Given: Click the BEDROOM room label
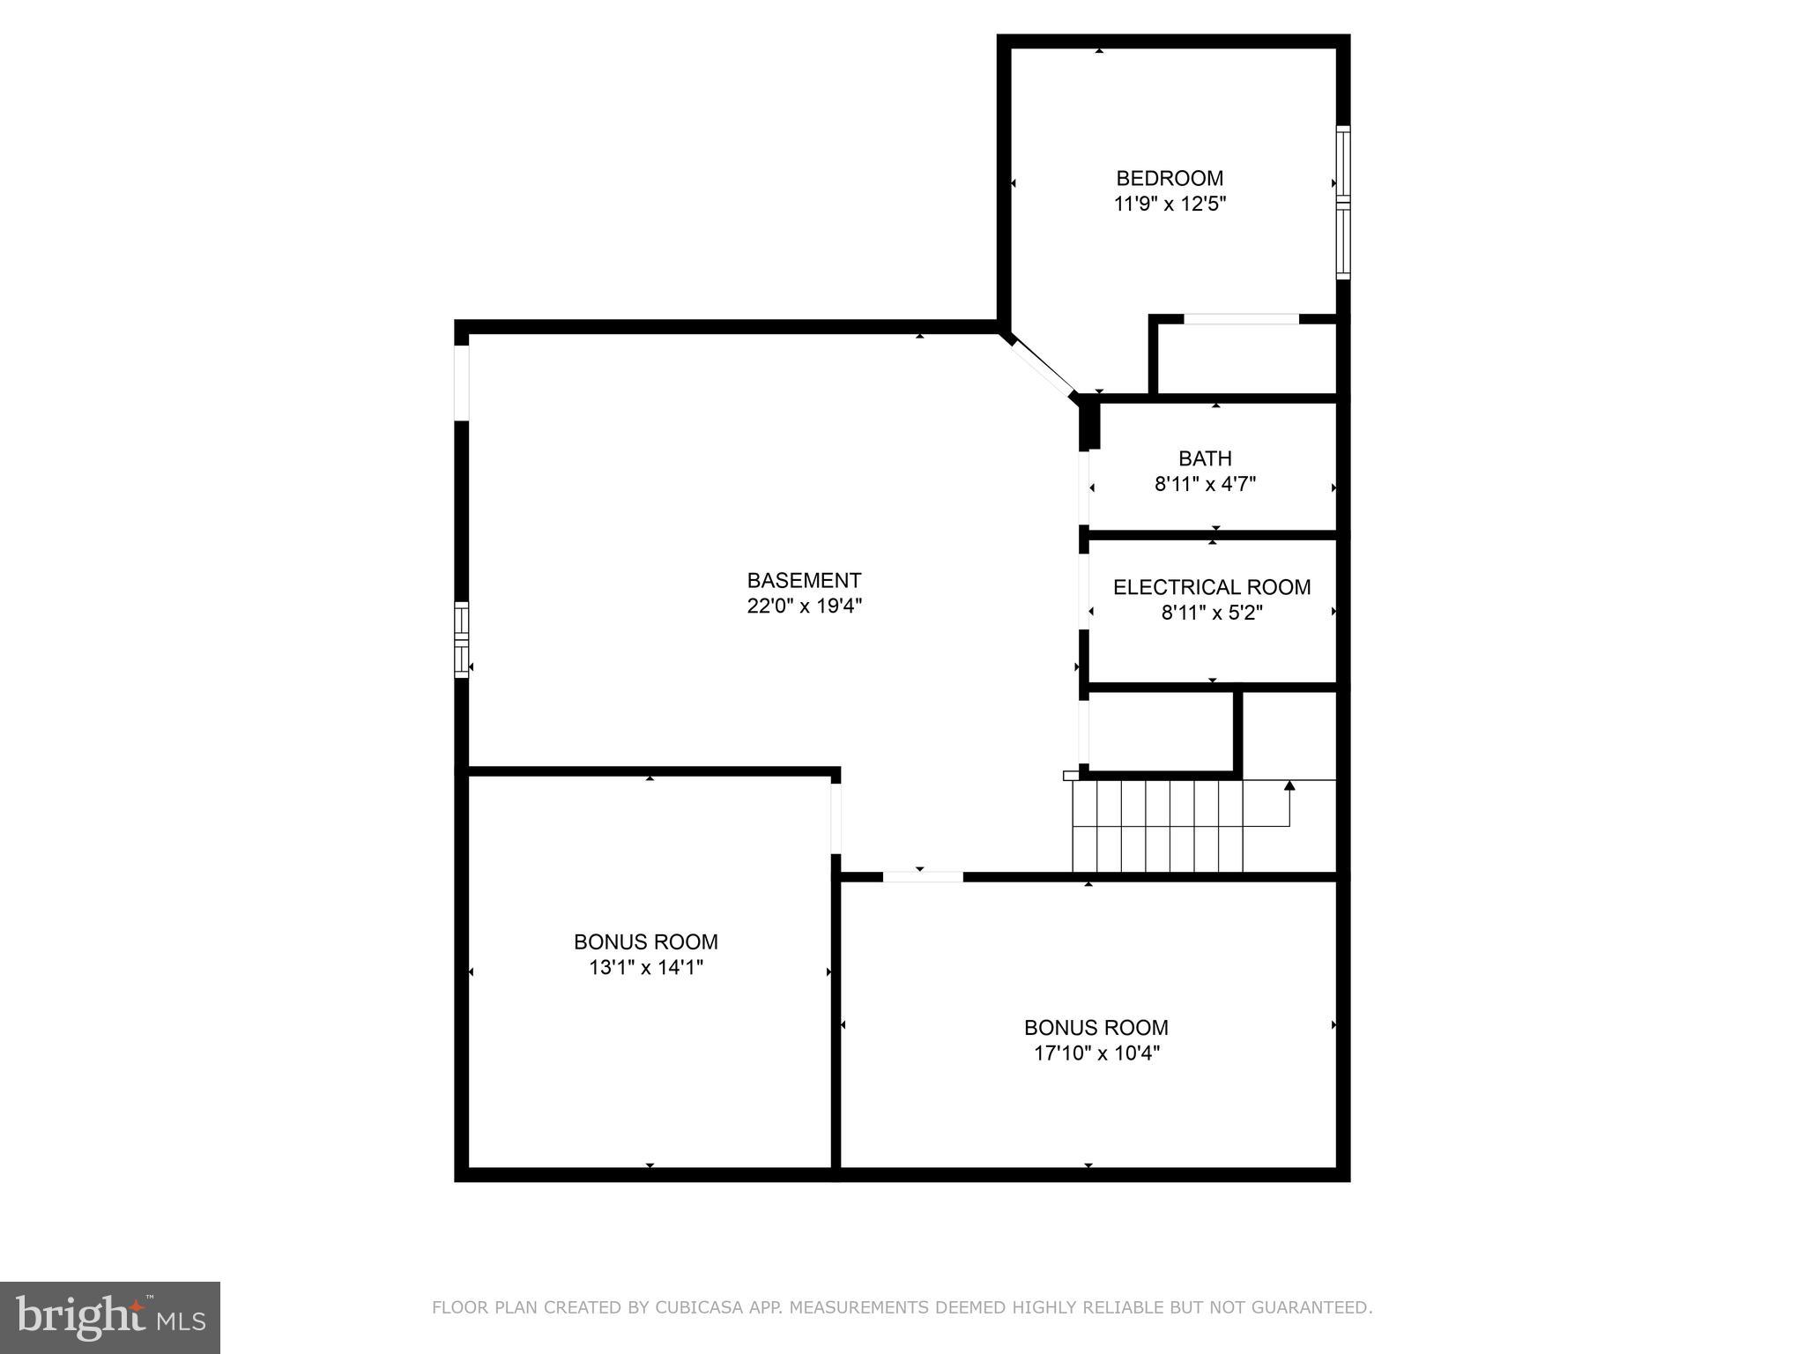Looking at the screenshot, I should tap(1170, 179).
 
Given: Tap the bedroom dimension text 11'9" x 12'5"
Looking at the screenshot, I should tap(1170, 205).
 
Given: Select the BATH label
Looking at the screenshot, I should tap(1205, 458).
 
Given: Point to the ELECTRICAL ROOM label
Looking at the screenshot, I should tap(1212, 587).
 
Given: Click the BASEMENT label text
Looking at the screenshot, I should tap(804, 581).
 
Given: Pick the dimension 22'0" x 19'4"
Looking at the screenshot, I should tap(804, 606).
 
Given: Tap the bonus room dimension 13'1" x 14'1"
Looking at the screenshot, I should tap(646, 968).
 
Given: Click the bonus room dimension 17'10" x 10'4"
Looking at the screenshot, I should tap(1096, 1053).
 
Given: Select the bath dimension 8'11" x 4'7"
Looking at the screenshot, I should tap(1205, 484).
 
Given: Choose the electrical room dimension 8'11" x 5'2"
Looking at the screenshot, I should tap(1212, 613).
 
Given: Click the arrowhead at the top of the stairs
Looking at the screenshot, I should tap(1289, 785).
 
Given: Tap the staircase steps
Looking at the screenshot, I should tap(1156, 826).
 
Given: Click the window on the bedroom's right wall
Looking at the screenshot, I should tap(1343, 203).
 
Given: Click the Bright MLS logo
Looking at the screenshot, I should tap(109, 1318).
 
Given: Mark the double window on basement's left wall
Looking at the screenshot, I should tap(461, 639).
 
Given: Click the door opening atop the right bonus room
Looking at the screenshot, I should tap(923, 876).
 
